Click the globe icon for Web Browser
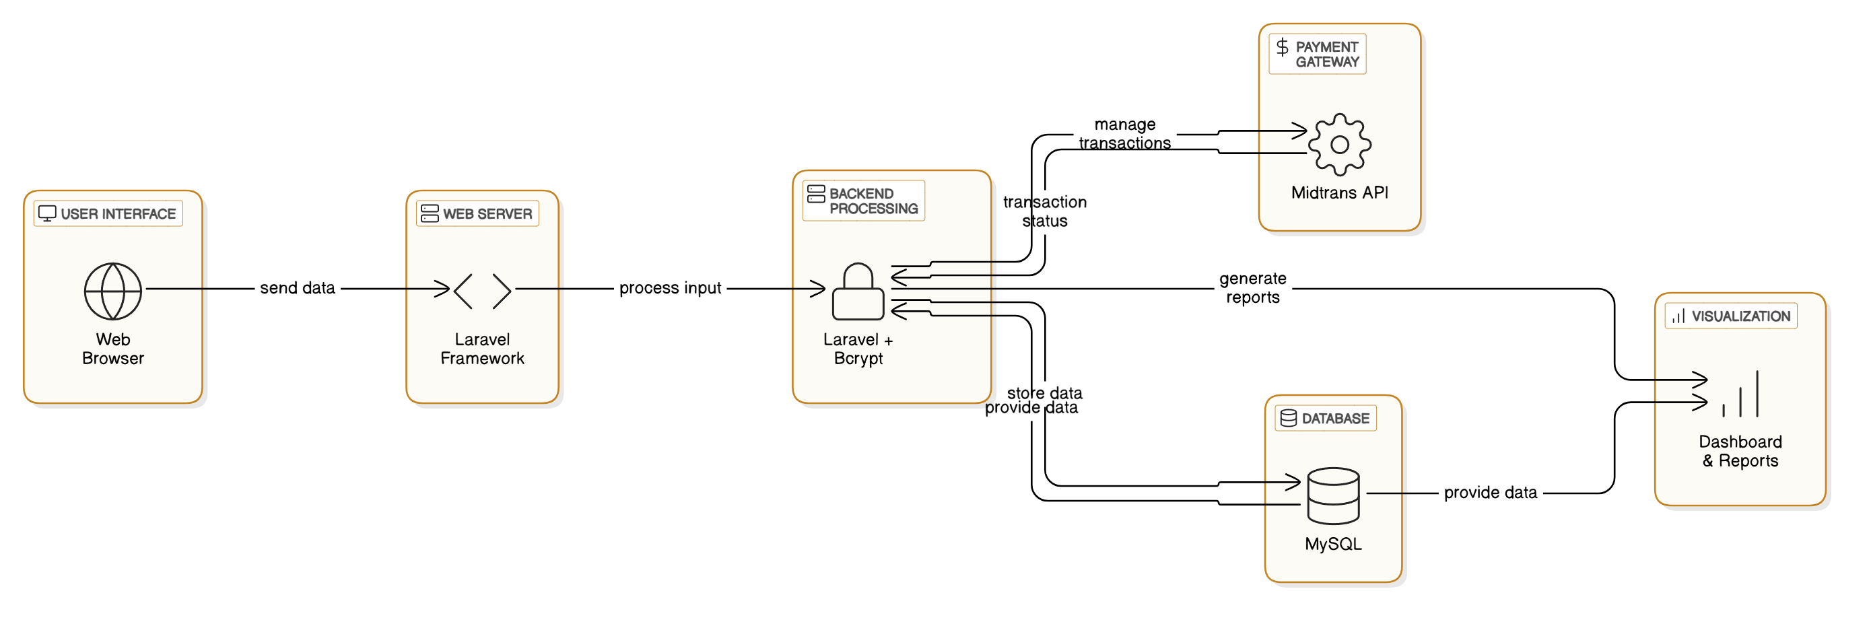113,291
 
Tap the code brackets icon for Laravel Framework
483,291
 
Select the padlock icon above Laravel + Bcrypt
858,291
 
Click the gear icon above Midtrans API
1339,144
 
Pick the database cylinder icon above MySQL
1333,495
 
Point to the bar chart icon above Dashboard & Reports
1740,394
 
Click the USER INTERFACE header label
108,213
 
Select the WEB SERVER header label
477,213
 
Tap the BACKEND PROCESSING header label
863,200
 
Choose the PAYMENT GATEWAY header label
1318,54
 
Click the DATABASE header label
1326,418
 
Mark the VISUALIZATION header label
1731,316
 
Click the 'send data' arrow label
298,288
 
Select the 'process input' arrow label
671,288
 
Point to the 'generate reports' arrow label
1253,288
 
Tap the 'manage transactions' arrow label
1124,133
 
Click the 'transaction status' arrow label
1045,211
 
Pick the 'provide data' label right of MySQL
1490,493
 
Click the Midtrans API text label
1339,193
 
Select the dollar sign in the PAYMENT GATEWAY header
1283,47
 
